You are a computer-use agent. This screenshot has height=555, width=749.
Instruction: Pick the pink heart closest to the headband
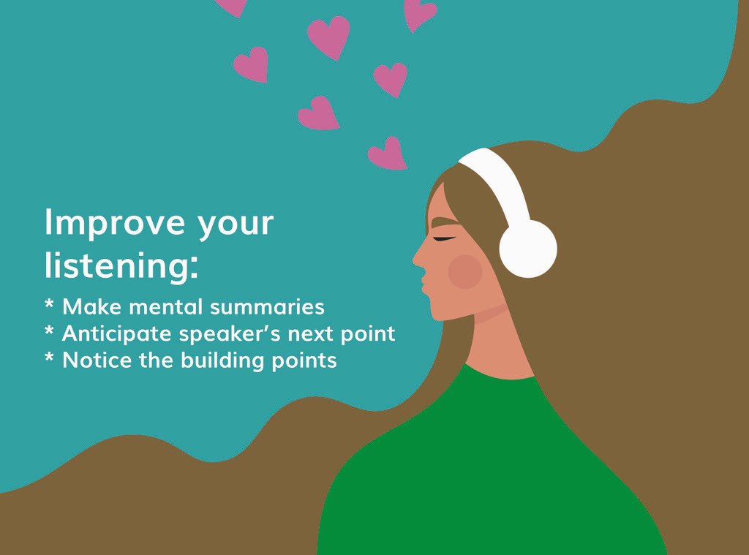click(388, 154)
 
